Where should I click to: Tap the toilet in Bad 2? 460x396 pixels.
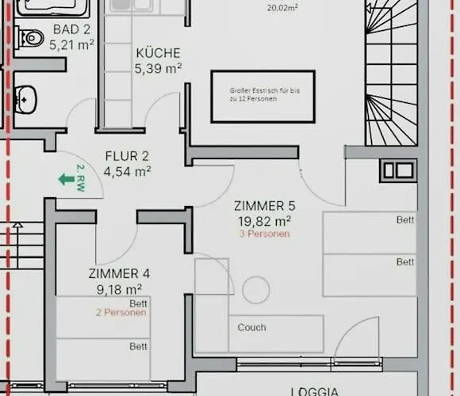[x=29, y=36]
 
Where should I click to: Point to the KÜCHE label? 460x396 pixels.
[x=158, y=53]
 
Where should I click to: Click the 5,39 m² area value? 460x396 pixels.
[x=158, y=68]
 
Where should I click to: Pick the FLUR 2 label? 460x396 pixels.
[x=128, y=155]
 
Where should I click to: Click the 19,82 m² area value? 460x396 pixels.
[x=263, y=221]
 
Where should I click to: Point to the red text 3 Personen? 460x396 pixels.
[x=263, y=234]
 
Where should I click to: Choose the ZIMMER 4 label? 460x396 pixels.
[x=119, y=273]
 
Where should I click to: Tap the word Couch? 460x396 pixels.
[x=251, y=327]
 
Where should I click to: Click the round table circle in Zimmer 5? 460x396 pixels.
[x=256, y=289]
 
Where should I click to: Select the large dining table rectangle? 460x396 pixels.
[x=263, y=96]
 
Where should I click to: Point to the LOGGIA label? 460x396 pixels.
[x=316, y=390]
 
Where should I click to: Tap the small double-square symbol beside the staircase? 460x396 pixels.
[x=397, y=169]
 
